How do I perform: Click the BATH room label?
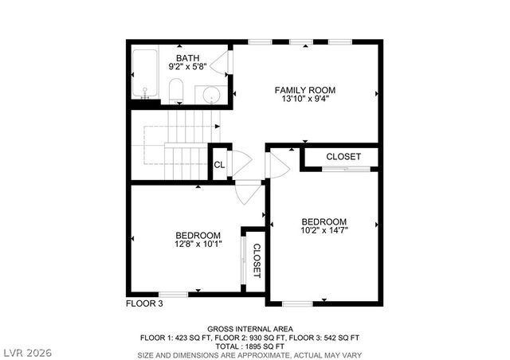[x=188, y=58]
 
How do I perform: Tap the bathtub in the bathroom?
[x=146, y=76]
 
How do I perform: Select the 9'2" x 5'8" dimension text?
[x=188, y=68]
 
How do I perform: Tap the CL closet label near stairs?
[x=219, y=166]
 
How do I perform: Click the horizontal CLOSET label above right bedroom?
[x=343, y=157]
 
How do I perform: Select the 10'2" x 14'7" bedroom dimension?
[x=324, y=231]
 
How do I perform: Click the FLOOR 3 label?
[x=144, y=303]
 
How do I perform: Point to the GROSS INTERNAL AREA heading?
[x=249, y=328]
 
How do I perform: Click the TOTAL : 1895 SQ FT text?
[x=249, y=346]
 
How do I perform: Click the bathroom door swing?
[x=226, y=63]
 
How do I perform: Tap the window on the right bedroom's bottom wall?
[x=296, y=303]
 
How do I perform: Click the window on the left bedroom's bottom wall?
[x=174, y=295]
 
